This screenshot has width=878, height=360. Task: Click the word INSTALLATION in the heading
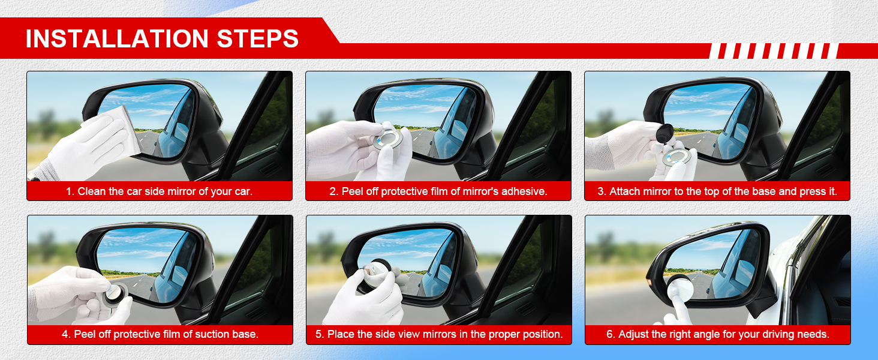point(117,38)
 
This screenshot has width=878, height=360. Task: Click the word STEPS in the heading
point(257,38)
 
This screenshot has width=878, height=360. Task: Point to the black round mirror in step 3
point(664,133)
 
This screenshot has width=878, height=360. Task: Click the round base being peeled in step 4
point(115,295)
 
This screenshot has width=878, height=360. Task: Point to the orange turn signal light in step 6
point(648,281)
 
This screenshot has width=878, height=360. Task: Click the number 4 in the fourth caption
point(65,334)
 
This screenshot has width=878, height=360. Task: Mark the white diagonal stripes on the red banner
point(774,51)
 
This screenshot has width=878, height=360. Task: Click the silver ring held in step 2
point(387,139)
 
